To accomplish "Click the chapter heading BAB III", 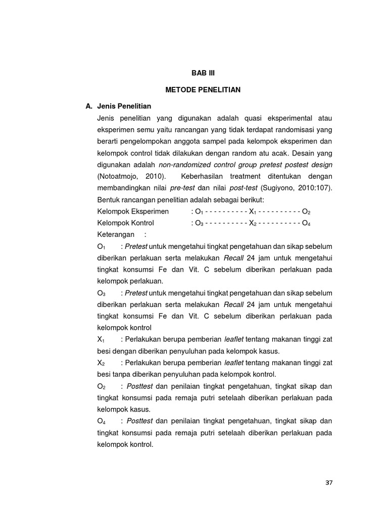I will point(203,73).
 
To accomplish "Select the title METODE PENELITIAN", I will point(203,90).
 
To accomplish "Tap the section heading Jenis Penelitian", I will point(124,107).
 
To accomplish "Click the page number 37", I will point(329,482).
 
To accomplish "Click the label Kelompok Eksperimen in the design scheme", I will point(133,211).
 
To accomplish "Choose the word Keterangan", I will point(116,234).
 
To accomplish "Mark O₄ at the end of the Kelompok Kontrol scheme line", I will point(306,223).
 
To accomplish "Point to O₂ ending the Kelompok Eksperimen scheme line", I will point(306,211).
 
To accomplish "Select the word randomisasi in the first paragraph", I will point(295,130).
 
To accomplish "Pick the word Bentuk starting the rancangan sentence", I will point(108,199).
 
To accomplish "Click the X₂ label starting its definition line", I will point(101,363).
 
